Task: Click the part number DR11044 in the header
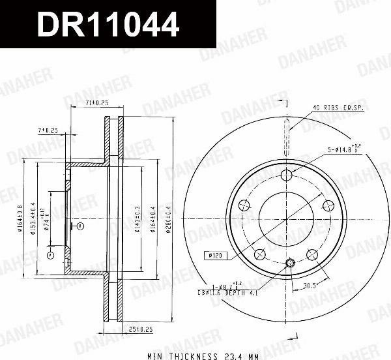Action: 108,25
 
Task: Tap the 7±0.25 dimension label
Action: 48,130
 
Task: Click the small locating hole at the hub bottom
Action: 290,262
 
